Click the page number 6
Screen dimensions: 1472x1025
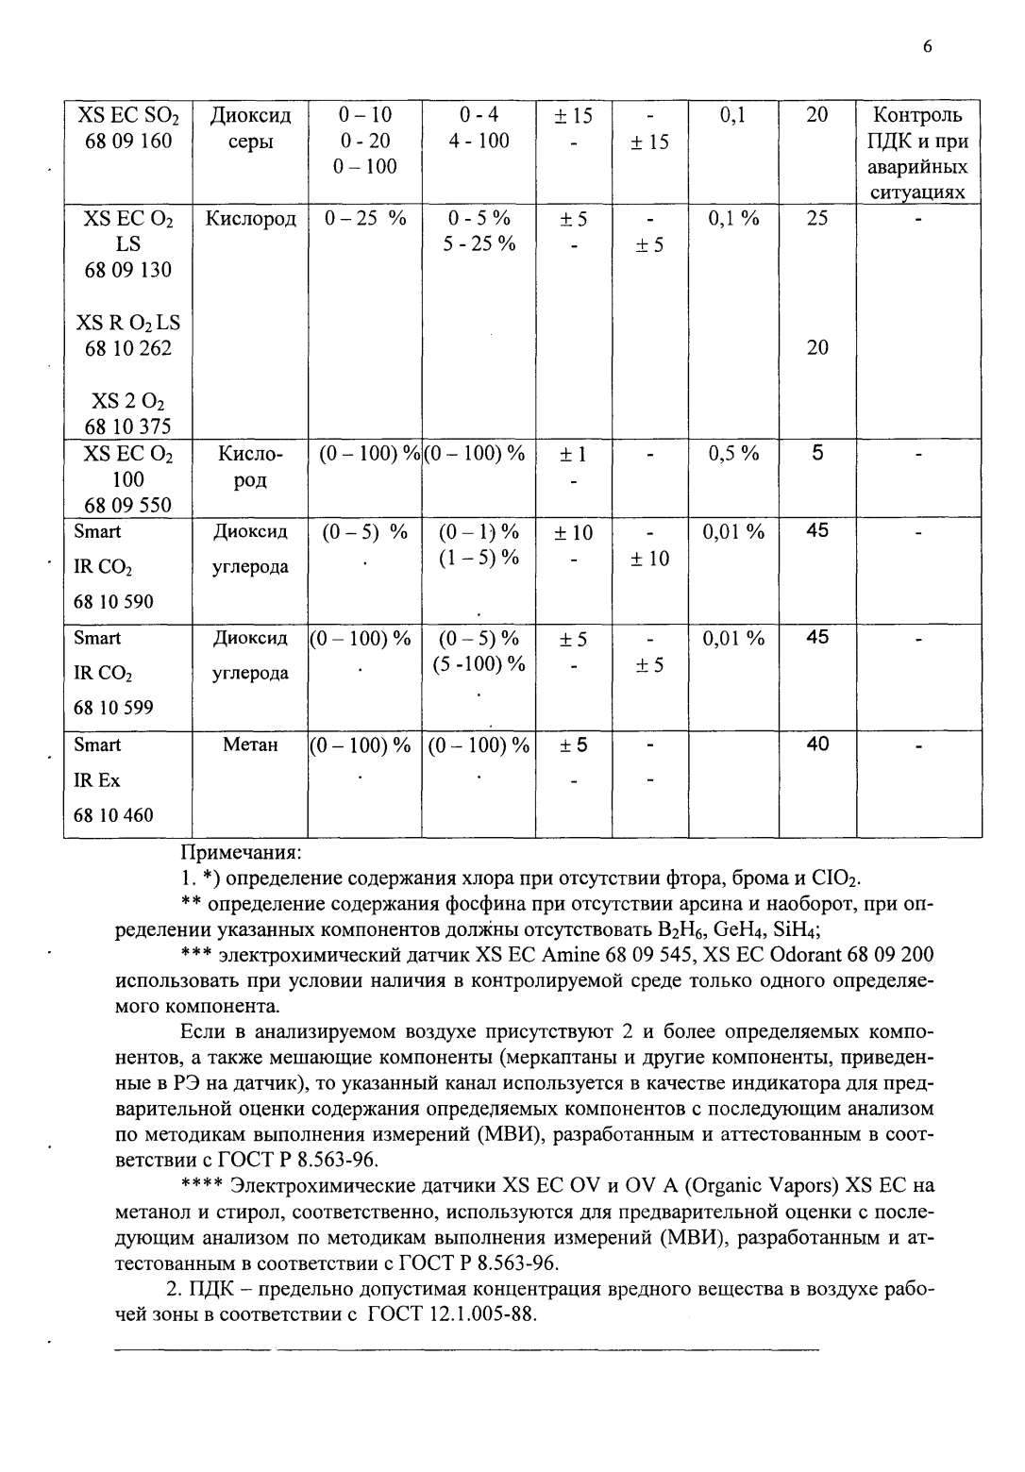[928, 48]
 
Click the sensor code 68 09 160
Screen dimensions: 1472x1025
[128, 142]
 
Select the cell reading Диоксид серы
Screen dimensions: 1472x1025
[250, 128]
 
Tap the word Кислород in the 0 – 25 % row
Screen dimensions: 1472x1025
[251, 219]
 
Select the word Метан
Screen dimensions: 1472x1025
[250, 745]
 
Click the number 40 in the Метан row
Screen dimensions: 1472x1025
[817, 744]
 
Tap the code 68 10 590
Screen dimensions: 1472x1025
[113, 602]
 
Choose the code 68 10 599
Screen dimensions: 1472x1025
[113, 708]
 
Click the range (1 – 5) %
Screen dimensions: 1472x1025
[479, 558]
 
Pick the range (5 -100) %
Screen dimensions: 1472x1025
[479, 664]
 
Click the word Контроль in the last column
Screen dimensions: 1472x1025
[918, 116]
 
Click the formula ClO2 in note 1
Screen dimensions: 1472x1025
[836, 879]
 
